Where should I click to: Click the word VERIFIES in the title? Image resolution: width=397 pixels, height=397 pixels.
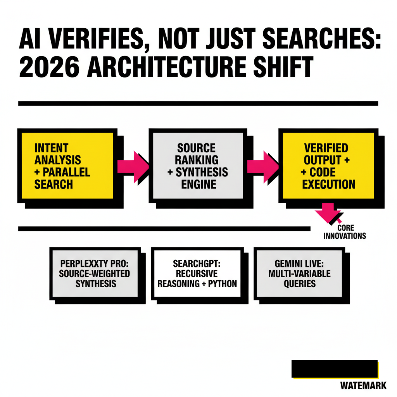pyautogui.click(x=96, y=39)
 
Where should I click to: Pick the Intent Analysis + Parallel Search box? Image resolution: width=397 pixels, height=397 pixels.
pyautogui.click(x=67, y=166)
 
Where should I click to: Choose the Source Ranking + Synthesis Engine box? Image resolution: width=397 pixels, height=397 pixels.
pyautogui.click(x=198, y=166)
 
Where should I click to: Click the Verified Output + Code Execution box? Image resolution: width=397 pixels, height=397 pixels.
pyautogui.click(x=328, y=166)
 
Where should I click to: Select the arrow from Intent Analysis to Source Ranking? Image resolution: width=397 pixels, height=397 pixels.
pyautogui.click(x=133, y=167)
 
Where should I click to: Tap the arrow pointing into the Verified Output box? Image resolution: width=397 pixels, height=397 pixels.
pyautogui.click(x=263, y=167)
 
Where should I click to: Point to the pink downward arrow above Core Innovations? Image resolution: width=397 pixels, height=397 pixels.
pyautogui.click(x=328, y=212)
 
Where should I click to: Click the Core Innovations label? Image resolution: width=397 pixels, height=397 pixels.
pyautogui.click(x=345, y=232)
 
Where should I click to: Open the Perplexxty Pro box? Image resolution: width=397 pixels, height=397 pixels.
pyautogui.click(x=95, y=273)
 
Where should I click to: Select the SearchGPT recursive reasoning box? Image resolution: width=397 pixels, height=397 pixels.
pyautogui.click(x=197, y=273)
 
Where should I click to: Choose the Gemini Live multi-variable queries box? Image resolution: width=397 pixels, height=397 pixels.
pyautogui.click(x=299, y=273)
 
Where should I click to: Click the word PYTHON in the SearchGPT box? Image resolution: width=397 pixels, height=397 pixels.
pyautogui.click(x=222, y=284)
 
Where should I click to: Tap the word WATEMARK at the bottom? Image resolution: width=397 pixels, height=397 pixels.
pyautogui.click(x=363, y=386)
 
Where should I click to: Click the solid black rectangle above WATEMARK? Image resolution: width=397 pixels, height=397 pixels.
pyautogui.click(x=335, y=369)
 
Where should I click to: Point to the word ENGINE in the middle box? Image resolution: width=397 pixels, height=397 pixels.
pyautogui.click(x=199, y=184)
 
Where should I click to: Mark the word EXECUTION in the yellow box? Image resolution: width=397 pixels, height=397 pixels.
pyautogui.click(x=329, y=184)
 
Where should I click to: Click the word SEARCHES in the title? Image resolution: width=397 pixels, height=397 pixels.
pyautogui.click(x=321, y=39)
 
